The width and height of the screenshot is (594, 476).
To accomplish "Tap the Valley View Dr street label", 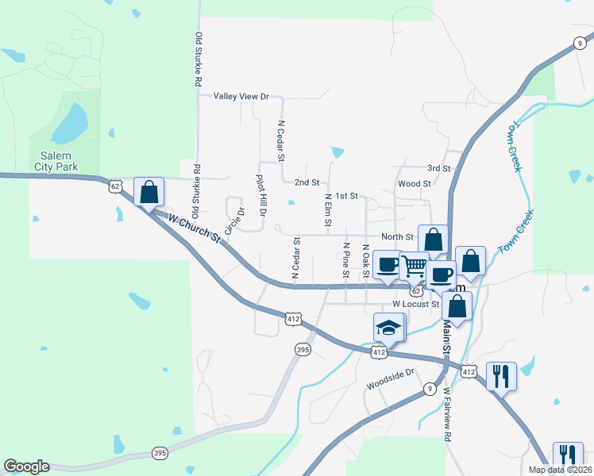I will [241, 96].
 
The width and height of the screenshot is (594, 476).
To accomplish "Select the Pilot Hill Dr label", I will [260, 196].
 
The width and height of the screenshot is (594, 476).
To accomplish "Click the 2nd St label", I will [307, 182].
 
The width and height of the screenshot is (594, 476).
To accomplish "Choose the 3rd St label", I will [438, 169].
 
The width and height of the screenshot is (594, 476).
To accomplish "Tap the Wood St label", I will [415, 183].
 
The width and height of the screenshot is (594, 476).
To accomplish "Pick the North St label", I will [397, 236].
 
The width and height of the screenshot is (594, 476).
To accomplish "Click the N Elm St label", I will [327, 208].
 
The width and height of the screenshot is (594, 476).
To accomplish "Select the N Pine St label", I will [345, 260].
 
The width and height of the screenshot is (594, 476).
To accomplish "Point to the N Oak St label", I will [365, 260].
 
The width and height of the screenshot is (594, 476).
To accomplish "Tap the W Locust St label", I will [416, 304].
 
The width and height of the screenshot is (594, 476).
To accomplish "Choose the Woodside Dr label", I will [391, 379].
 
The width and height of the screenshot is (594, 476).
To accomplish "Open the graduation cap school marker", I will [389, 326].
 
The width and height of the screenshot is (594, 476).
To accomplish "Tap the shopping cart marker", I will [414, 265].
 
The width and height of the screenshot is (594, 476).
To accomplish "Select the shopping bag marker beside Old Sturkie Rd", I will [148, 191].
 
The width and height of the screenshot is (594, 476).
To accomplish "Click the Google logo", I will [26, 466].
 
